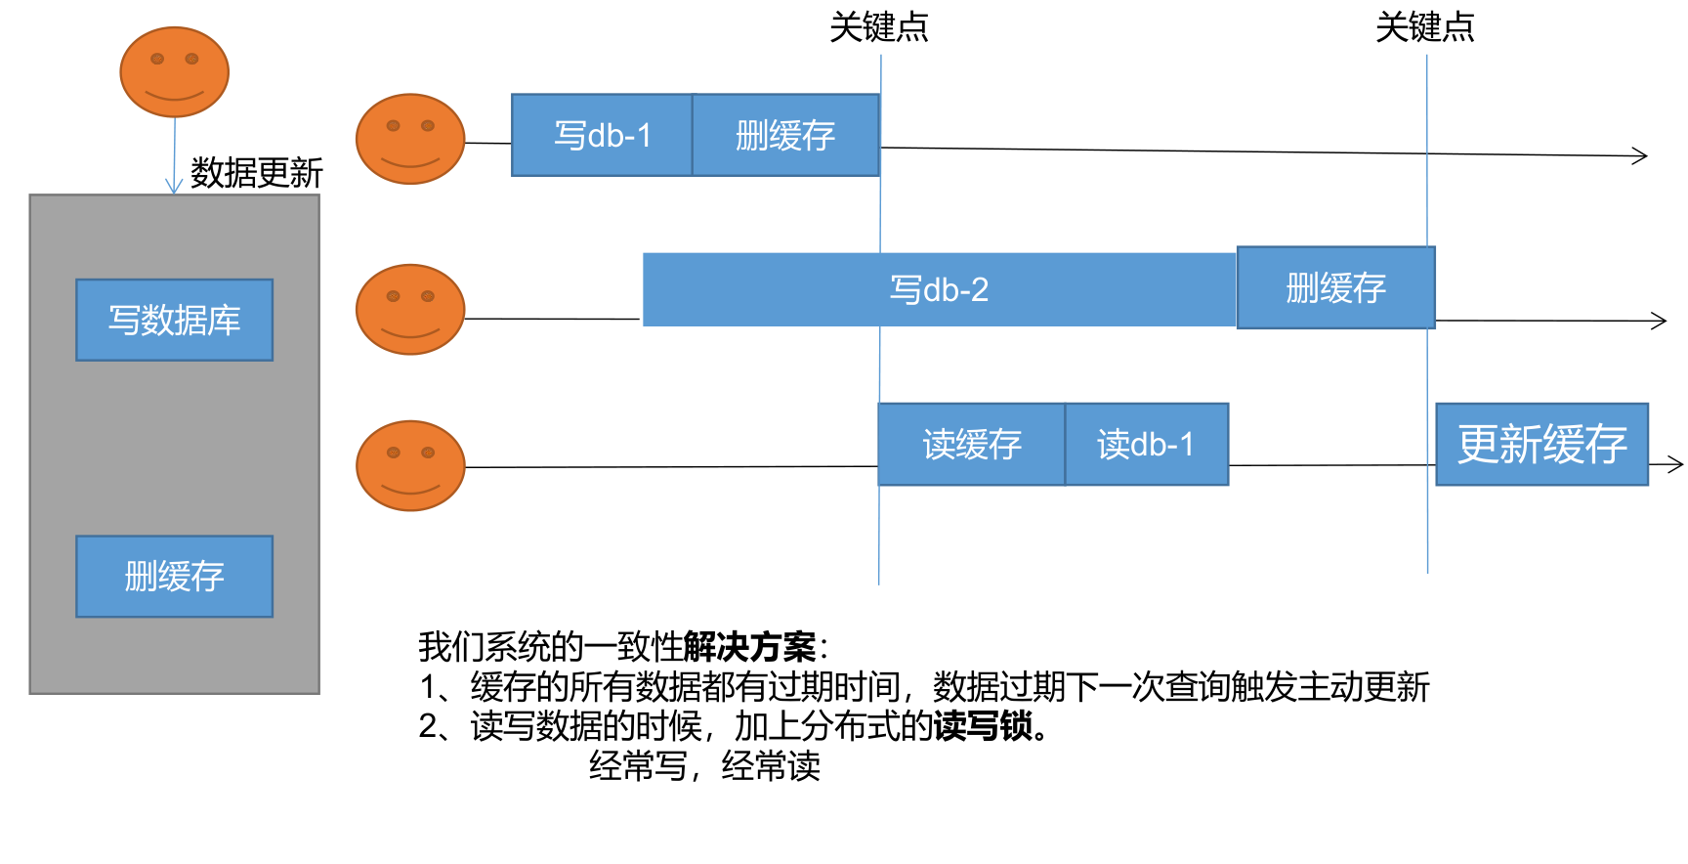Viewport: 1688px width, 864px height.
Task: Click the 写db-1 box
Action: click(x=602, y=135)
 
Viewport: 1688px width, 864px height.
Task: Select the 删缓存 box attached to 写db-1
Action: click(x=785, y=135)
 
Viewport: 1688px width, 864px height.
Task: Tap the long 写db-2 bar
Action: click(x=939, y=289)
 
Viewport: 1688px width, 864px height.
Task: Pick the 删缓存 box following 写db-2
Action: click(x=1335, y=287)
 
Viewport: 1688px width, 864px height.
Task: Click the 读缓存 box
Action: click(x=971, y=445)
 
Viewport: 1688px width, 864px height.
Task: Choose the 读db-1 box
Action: click(x=1146, y=445)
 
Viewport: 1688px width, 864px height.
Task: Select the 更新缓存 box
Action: click(x=1541, y=445)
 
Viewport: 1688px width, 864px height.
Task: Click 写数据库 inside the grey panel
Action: click(x=175, y=320)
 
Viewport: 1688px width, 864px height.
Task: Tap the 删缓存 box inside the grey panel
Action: click(x=175, y=576)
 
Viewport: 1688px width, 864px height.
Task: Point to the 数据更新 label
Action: click(x=256, y=173)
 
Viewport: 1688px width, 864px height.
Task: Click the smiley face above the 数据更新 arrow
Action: click(x=175, y=72)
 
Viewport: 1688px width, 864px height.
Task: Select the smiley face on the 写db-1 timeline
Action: click(x=410, y=139)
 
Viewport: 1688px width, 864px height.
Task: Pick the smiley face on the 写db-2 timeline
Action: click(x=410, y=309)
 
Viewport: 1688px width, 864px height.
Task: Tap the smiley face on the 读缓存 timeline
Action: click(x=410, y=465)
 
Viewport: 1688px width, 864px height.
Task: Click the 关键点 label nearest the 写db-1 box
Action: click(x=878, y=27)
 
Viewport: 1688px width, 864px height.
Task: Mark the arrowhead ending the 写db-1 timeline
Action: click(x=1640, y=155)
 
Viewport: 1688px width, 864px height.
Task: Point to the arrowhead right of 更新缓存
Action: click(x=1675, y=464)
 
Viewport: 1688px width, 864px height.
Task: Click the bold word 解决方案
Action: click(x=749, y=646)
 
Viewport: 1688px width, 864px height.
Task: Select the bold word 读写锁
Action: click(x=984, y=726)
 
